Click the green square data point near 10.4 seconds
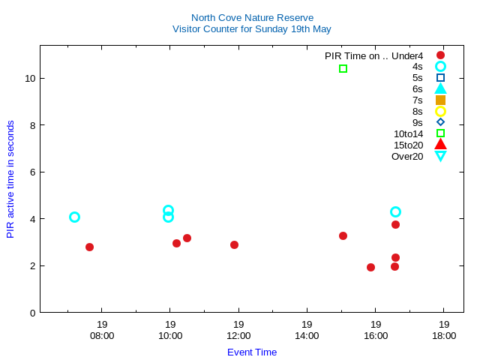[343, 68]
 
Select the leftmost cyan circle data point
[74, 217]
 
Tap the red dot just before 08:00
[89, 247]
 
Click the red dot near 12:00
[234, 244]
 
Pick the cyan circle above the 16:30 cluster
[395, 211]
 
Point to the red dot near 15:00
[343, 235]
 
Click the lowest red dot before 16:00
[370, 267]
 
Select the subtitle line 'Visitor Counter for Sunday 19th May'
[251, 29]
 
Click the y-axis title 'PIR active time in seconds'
[10, 179]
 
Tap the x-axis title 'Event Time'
[251, 352]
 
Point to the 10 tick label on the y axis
[30, 78]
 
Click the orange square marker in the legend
[440, 100]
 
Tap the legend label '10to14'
[408, 133]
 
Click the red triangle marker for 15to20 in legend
[440, 145]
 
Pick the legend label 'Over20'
[407, 156]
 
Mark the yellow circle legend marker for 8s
[440, 111]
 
